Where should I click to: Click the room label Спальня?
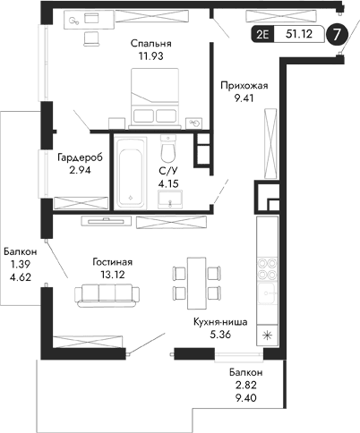150,43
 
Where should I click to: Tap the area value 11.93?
150,57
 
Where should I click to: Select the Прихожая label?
242,86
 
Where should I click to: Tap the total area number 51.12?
299,36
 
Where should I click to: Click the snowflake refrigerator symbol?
266,335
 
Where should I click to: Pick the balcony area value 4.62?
18,280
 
